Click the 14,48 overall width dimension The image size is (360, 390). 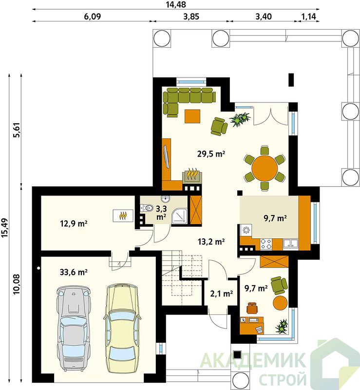coord(176,4)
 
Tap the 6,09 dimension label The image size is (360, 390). coord(93,17)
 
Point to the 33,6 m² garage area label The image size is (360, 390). coord(74,273)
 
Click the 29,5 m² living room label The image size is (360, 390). coord(211,154)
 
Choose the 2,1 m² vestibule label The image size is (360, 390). coord(222,294)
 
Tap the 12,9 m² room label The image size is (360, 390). coord(74,224)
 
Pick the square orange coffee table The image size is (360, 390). coord(193,116)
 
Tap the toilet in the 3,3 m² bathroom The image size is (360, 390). coord(147,208)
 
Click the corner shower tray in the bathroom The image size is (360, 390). coord(179,215)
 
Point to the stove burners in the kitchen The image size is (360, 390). coord(266,244)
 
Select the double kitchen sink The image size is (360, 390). coord(290,243)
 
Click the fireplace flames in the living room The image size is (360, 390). coord(193,173)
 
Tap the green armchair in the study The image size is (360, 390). coord(279,284)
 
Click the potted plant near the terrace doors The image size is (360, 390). coord(240,119)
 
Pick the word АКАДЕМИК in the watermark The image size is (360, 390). coord(253,361)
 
